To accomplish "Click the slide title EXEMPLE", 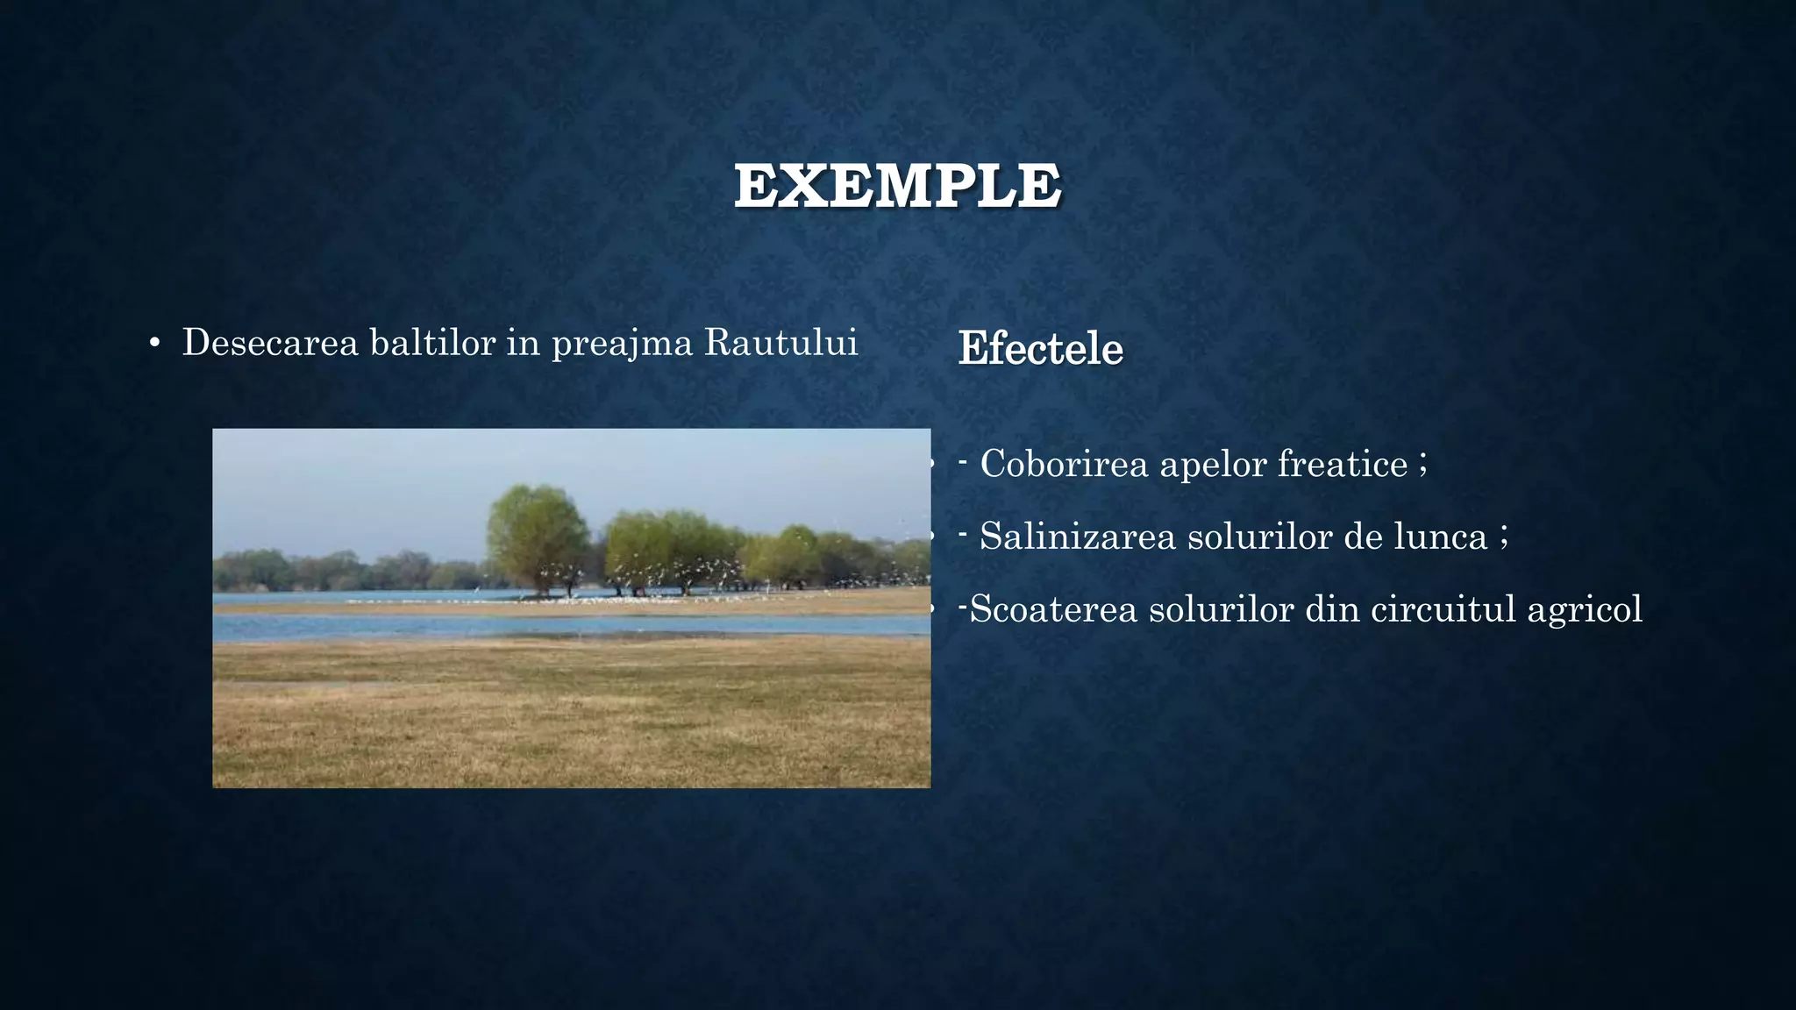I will tap(897, 186).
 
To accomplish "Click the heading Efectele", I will tap(1040, 348).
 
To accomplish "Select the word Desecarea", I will tap(270, 342).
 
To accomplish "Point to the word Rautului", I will tap(780, 342).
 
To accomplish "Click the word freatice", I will tap(1342, 464).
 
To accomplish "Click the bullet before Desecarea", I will tap(154, 344).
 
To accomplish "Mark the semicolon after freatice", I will tap(1423, 464).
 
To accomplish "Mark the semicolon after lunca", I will tap(1504, 537).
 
